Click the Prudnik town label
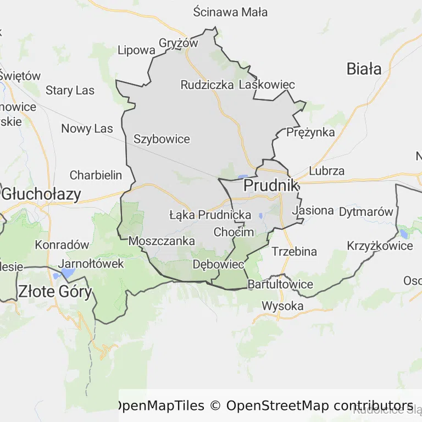click(271, 185)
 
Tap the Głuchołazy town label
click(41, 194)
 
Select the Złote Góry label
click(55, 291)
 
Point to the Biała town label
click(364, 69)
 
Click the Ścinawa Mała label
click(231, 12)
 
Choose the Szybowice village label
click(162, 139)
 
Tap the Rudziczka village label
click(207, 85)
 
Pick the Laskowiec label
click(267, 85)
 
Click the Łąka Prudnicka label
click(210, 215)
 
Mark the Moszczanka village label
click(162, 241)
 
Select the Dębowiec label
click(218, 264)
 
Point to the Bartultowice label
click(280, 284)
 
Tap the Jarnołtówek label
click(91, 263)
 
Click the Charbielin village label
click(96, 175)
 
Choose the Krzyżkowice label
click(380, 246)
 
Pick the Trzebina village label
click(295, 252)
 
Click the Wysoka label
click(282, 306)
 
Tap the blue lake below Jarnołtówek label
click(67, 273)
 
